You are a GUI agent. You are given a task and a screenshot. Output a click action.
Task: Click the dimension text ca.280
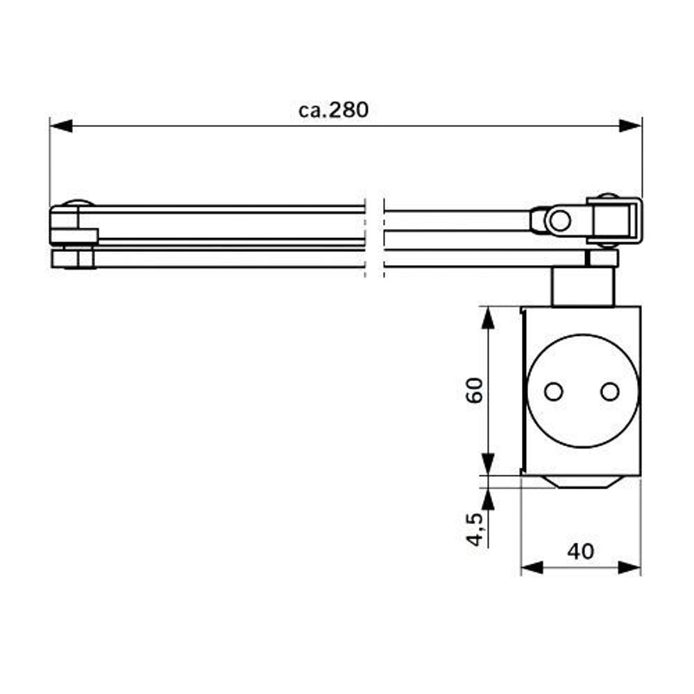tap(334, 110)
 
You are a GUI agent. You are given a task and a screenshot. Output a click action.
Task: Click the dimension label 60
tap(475, 391)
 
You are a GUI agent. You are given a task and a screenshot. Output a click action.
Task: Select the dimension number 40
tap(580, 551)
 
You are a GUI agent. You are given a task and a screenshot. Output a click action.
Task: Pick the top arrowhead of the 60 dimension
tap(488, 317)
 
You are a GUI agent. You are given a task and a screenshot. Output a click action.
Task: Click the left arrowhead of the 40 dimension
tap(531, 568)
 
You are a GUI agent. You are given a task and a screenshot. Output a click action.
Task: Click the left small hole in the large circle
tap(553, 391)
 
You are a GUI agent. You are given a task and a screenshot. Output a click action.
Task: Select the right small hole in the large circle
tap(609, 391)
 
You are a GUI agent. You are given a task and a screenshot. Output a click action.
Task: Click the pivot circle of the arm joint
tap(559, 221)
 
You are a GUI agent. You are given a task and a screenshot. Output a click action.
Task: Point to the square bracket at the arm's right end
tap(615, 219)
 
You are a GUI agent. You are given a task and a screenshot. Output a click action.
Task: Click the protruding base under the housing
tap(582, 482)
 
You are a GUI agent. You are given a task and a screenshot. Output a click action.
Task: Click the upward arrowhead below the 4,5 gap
tap(488, 498)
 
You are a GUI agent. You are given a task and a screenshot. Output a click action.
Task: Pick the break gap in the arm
tap(374, 236)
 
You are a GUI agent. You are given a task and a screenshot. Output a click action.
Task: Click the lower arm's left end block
tap(73, 259)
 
